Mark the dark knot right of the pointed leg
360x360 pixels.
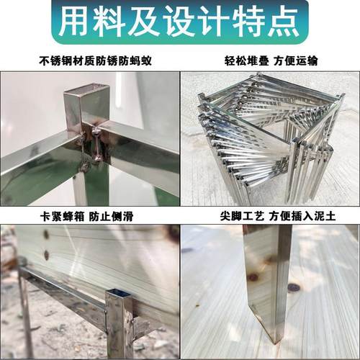[x=293, y=288]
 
